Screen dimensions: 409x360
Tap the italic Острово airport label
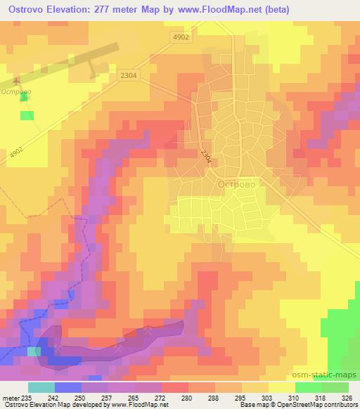pyautogui.click(x=15, y=92)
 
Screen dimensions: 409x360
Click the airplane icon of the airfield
pyautogui.click(x=17, y=80)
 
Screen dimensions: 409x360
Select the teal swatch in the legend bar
pyautogui.click(x=41, y=387)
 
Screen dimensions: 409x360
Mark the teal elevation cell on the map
pyautogui.click(x=34, y=351)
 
